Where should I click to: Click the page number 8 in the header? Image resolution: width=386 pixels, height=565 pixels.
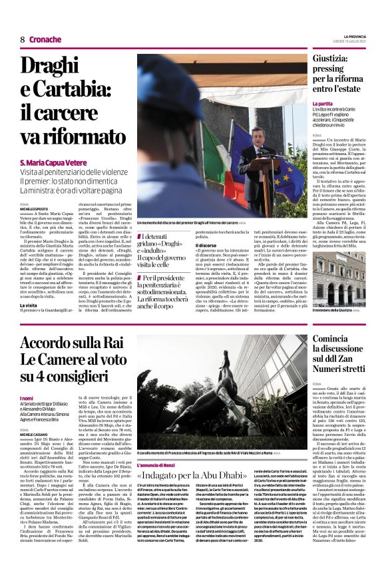(22, 39)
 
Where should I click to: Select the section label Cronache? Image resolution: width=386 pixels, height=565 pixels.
(45, 39)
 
